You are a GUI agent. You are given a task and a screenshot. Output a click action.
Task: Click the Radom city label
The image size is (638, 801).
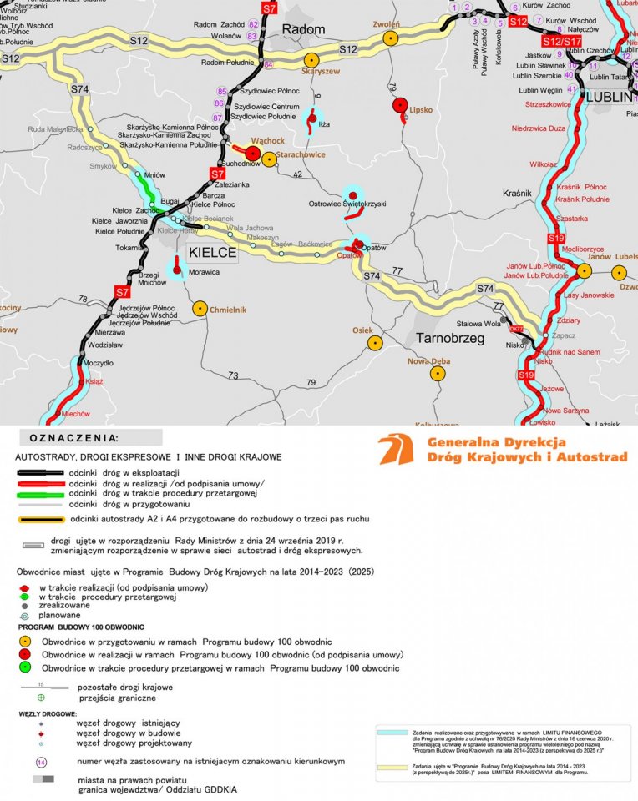click(303, 30)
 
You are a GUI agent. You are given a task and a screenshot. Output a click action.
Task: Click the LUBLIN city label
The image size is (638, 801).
click(611, 97)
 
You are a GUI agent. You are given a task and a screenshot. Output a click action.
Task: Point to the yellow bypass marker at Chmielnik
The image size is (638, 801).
click(200, 309)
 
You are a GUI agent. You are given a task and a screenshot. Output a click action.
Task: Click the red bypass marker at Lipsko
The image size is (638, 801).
click(400, 105)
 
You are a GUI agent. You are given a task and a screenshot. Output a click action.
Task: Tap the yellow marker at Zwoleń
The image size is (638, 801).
click(390, 38)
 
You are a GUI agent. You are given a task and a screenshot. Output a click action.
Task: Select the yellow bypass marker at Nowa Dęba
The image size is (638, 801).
click(438, 374)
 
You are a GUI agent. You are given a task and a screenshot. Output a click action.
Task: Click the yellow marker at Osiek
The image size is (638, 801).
click(375, 343)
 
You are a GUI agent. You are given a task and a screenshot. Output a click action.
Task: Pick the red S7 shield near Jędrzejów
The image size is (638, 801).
click(123, 292)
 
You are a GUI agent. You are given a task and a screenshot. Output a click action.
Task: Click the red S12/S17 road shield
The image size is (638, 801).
click(561, 41)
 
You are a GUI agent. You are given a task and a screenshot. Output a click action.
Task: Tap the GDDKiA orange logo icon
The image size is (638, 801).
click(396, 449)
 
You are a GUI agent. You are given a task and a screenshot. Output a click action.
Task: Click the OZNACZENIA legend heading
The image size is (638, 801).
click(74, 437)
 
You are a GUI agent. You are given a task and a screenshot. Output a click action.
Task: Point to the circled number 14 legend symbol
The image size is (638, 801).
click(40, 762)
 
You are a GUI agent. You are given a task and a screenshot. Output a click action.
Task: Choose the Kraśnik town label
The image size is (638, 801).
click(518, 194)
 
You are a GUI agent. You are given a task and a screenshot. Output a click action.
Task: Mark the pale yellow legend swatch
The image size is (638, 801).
click(392, 766)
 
